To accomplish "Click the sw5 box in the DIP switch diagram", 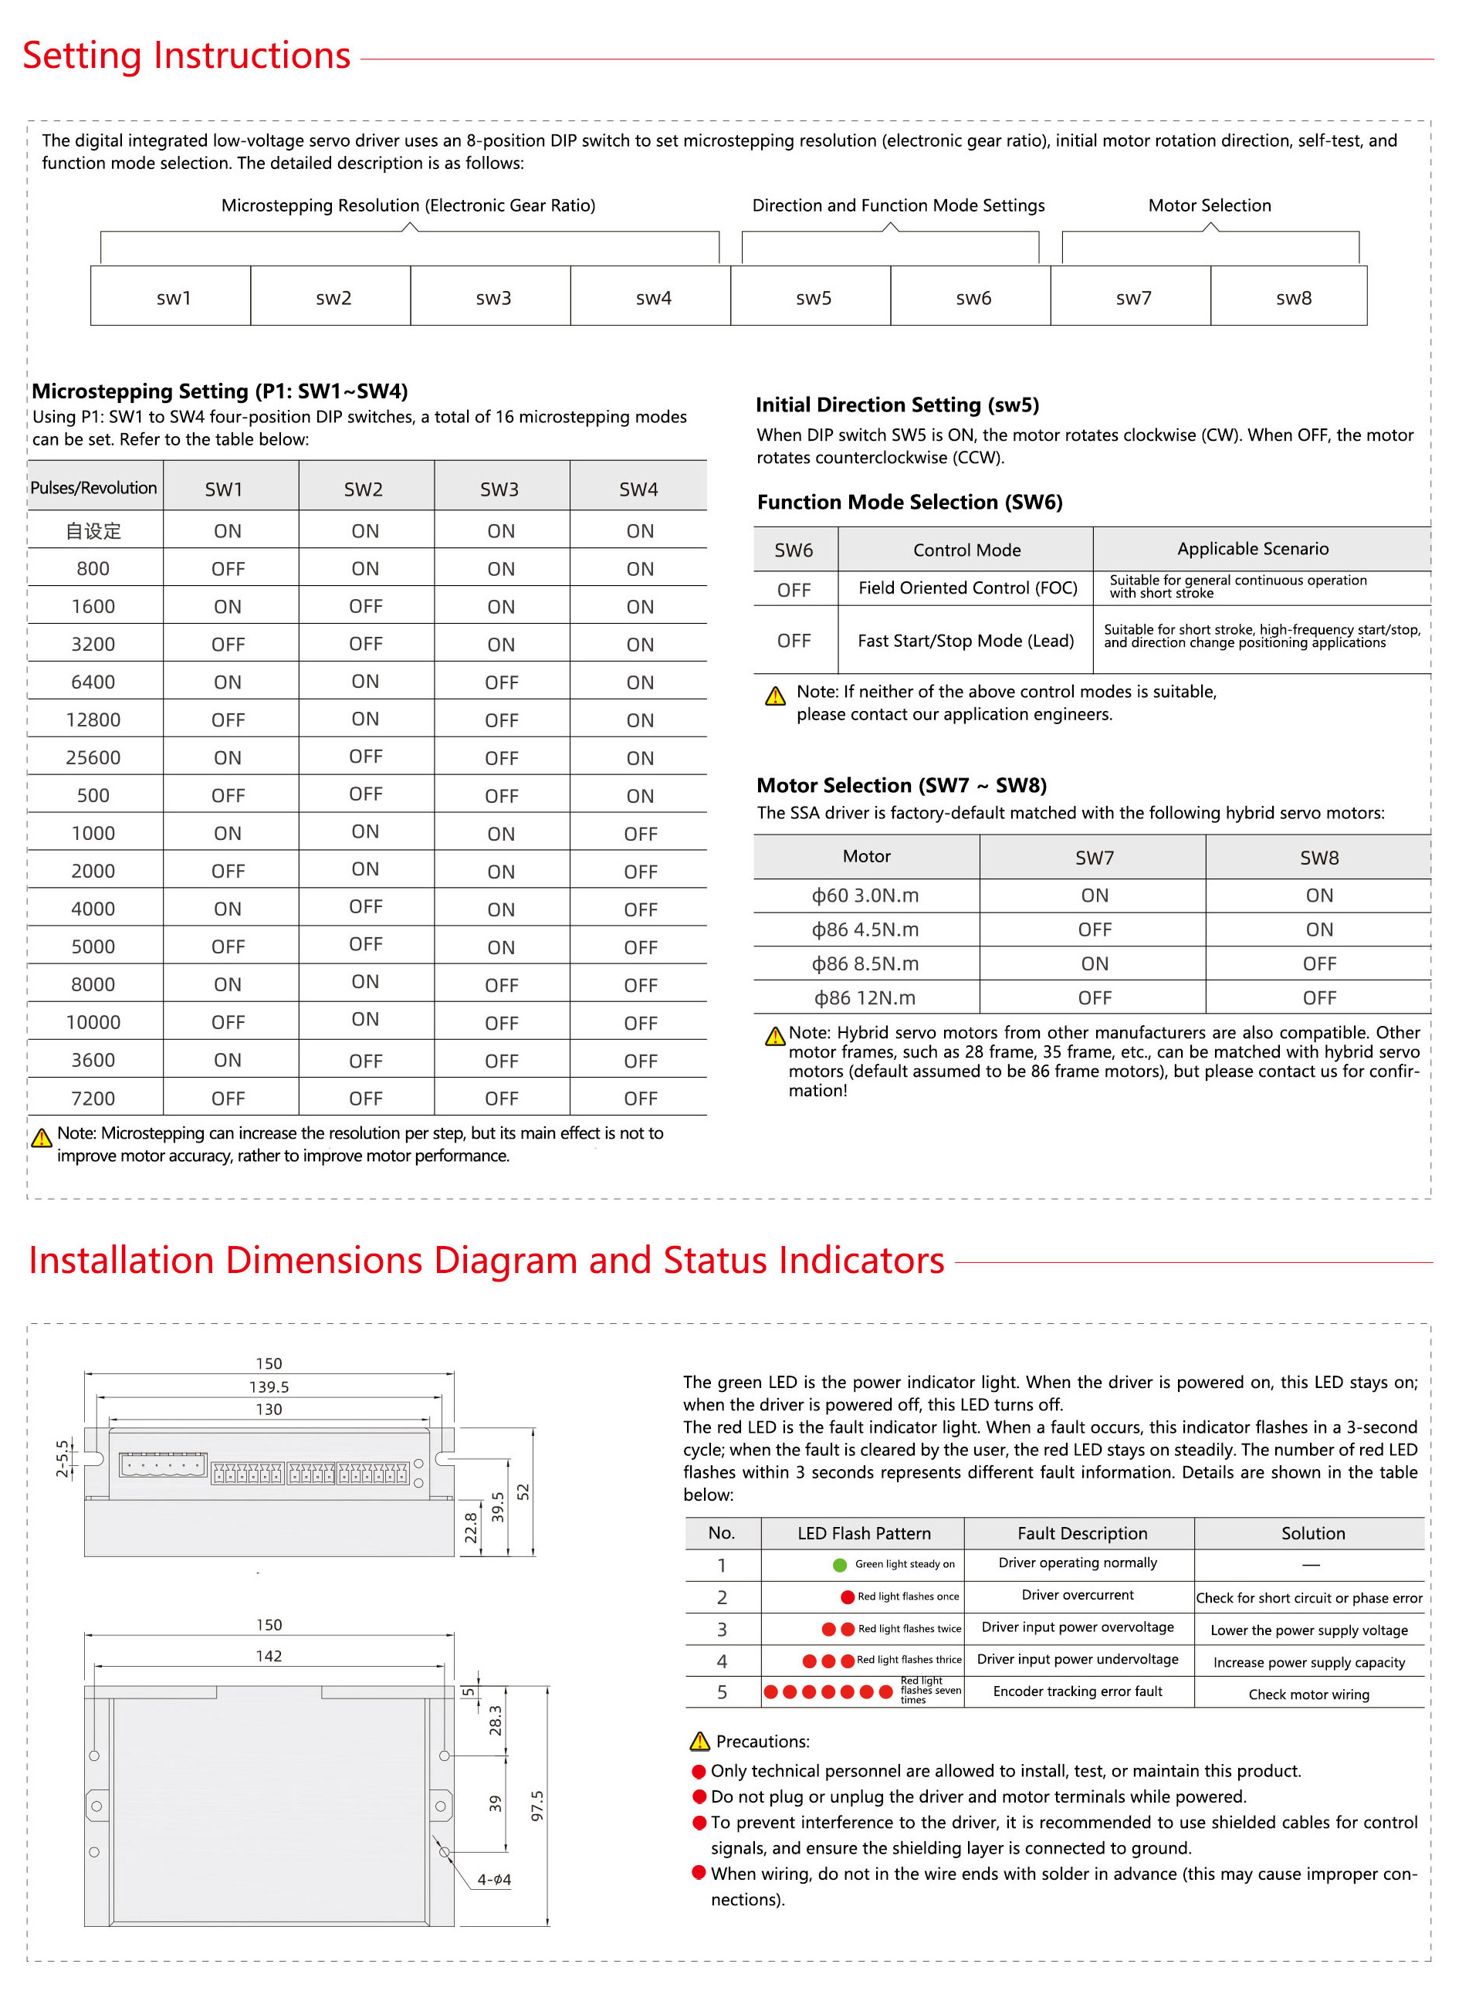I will tap(813, 298).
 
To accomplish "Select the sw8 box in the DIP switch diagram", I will tap(1293, 298).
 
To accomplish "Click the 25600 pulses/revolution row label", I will tap(93, 758).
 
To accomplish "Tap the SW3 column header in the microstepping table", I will tap(499, 489).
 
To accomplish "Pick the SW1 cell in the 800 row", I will tap(228, 569).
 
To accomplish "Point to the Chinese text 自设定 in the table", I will tap(93, 531).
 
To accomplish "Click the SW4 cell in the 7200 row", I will tap(639, 1099).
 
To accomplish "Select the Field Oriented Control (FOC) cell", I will tap(966, 587).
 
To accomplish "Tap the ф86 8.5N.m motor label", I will tap(865, 964).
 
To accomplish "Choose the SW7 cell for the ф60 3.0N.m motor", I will tap(1094, 896).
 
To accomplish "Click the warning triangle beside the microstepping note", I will tap(41, 1137).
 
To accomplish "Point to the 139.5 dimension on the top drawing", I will tap(269, 1386).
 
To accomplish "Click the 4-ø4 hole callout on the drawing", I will tap(493, 1879).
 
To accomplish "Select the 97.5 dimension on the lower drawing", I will tap(536, 1806).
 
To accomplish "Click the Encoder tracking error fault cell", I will tap(1077, 1691).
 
